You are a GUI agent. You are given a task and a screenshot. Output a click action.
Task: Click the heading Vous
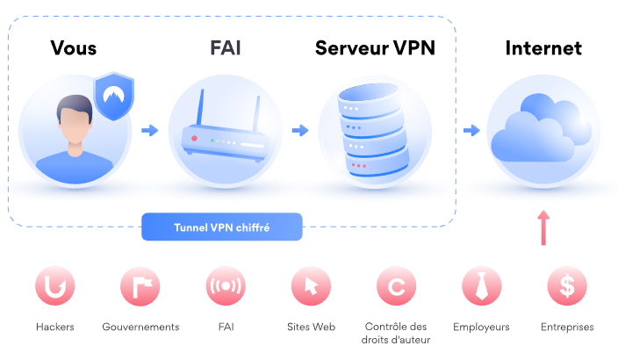[x=74, y=47]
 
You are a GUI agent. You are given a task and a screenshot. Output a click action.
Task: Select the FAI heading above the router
[x=225, y=47]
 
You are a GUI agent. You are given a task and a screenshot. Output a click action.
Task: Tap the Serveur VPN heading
[x=375, y=47]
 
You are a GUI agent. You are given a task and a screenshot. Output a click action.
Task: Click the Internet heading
[x=543, y=47]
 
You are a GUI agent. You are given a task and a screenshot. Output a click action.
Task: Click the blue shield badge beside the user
[x=112, y=96]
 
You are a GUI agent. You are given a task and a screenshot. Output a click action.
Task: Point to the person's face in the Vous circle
[x=73, y=124]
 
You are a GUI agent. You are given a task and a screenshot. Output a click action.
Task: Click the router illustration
[x=225, y=137]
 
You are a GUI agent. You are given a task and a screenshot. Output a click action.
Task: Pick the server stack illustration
[x=375, y=132]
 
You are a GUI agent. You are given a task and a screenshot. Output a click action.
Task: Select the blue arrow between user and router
[x=149, y=131]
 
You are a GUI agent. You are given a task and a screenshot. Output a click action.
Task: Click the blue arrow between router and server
[x=300, y=131]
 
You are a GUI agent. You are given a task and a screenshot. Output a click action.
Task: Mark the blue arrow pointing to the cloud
[x=471, y=131]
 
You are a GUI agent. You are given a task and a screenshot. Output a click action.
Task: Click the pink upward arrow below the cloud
[x=543, y=226]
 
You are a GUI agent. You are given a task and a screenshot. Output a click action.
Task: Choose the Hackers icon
[x=54, y=285]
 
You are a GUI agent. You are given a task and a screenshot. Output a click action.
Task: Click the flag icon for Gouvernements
[x=140, y=285]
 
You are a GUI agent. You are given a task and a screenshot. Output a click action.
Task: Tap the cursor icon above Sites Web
[x=311, y=285]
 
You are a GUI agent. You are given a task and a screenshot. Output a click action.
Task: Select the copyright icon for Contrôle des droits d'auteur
[x=396, y=285]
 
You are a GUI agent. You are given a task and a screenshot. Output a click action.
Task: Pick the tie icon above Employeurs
[x=481, y=285]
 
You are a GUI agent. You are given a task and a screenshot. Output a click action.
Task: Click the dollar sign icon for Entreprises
[x=566, y=285]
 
